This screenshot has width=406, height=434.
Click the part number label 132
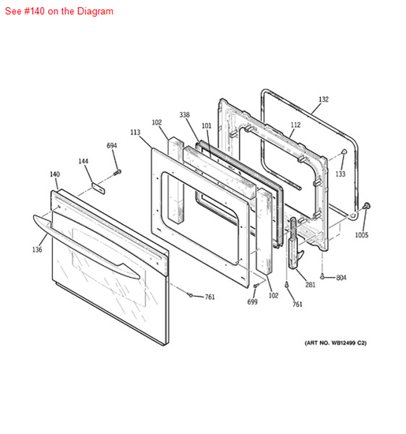323,99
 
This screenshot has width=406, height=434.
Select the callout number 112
295,125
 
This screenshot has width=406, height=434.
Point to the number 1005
361,235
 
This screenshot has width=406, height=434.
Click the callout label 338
184,114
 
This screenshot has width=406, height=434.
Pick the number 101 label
206,125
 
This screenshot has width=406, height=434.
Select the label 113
135,133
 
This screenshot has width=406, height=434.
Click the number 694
112,146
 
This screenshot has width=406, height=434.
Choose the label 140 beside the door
54,174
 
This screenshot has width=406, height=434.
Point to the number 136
37,250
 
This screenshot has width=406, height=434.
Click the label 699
252,301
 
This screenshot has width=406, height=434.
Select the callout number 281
311,285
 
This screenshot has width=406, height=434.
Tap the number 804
341,278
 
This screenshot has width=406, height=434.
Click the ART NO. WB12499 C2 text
335,343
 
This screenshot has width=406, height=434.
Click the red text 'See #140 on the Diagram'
59,11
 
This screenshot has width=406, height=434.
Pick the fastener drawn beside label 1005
367,207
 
